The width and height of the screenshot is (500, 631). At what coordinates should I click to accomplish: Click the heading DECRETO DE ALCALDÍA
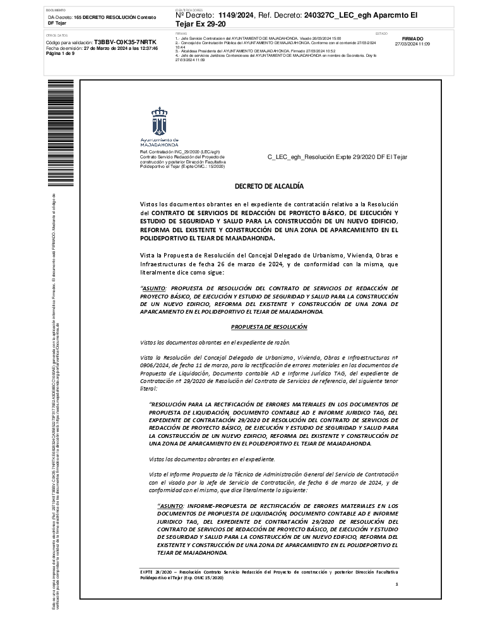pos(269,186)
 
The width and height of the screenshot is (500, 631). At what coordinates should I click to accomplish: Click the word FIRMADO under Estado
pos(412,38)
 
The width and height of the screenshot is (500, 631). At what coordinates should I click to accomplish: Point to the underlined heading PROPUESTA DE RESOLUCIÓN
pos(269,327)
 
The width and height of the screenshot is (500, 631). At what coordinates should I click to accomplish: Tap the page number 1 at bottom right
pos(396,585)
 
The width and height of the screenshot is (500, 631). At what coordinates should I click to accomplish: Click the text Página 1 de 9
pos(61,54)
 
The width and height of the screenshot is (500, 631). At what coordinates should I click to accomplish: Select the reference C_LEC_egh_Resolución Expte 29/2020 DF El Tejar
pos(338,156)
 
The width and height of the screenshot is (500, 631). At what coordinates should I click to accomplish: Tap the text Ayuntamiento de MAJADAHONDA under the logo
pos(159,142)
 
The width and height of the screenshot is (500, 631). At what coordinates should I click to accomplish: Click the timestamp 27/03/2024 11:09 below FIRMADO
pos(412,44)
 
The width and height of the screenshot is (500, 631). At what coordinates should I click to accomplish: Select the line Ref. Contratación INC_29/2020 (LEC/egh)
pos(180,152)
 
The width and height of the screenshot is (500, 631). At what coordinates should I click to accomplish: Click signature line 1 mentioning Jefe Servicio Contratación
pos(259,38)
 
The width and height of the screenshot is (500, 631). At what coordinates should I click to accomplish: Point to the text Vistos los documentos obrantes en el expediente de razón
pos(215,342)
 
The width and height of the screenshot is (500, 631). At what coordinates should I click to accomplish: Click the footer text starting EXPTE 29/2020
pos(269,574)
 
